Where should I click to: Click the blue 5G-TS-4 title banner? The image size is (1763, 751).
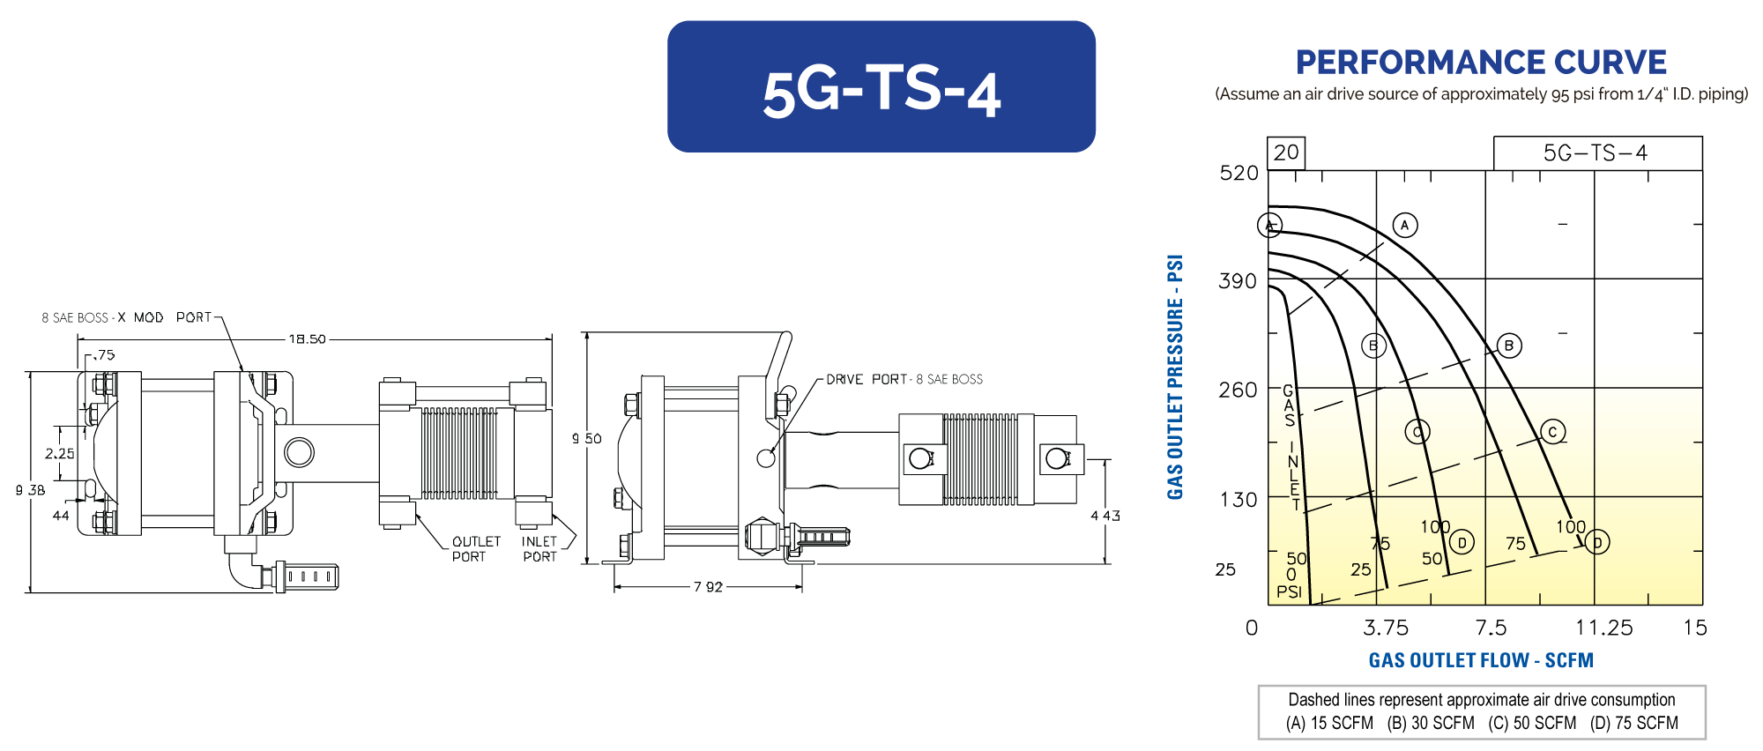click(x=881, y=86)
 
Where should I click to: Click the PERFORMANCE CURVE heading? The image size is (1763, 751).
click(x=1480, y=63)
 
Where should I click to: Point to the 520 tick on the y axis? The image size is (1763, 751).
click(x=1239, y=173)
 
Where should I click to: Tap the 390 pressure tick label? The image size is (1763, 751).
click(x=1238, y=281)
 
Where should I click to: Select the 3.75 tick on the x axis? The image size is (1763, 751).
click(x=1385, y=628)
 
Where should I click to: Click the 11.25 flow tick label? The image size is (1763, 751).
click(x=1603, y=628)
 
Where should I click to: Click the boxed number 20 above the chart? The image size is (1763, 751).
click(x=1286, y=152)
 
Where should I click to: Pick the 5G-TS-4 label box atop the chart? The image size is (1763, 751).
click(x=1596, y=153)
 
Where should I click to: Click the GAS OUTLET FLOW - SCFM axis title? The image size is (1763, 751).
click(x=1481, y=660)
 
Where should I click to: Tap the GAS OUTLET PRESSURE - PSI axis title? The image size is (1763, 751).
click(x=1175, y=377)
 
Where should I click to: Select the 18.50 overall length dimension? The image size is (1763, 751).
click(x=307, y=338)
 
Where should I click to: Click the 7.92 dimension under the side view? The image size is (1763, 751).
click(x=708, y=587)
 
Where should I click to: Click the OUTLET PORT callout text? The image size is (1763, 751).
click(x=475, y=549)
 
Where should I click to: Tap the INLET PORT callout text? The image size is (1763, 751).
click(x=539, y=549)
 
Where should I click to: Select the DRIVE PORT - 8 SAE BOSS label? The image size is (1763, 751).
click(x=904, y=379)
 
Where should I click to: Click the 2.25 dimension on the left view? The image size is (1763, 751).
click(x=60, y=453)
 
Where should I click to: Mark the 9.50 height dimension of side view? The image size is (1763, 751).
click(x=587, y=438)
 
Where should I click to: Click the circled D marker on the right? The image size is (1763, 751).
click(x=1597, y=542)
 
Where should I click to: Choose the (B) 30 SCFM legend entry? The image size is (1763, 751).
click(x=1431, y=724)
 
